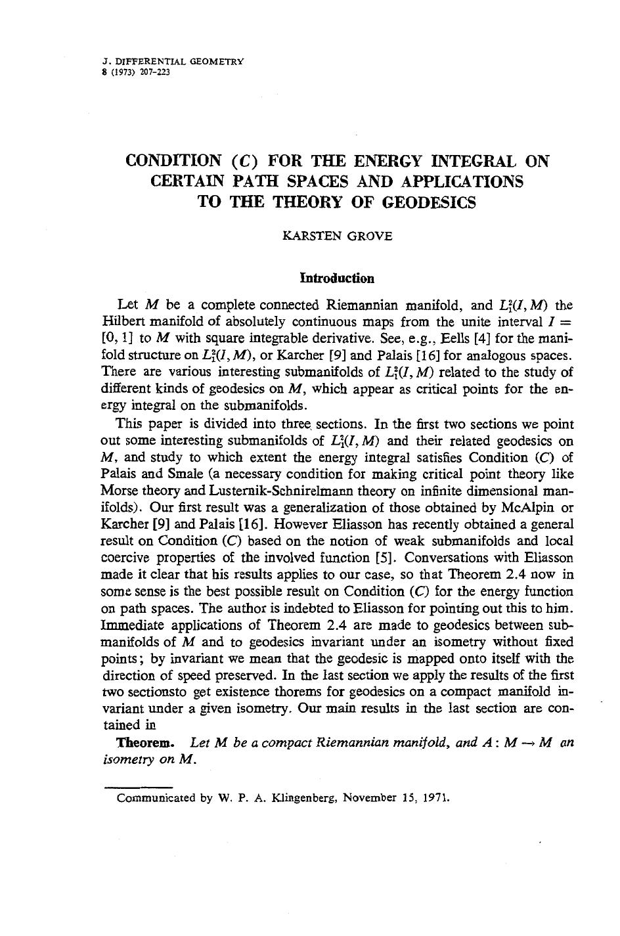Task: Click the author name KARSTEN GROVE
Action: (337, 236)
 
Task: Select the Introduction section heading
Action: (337, 278)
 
